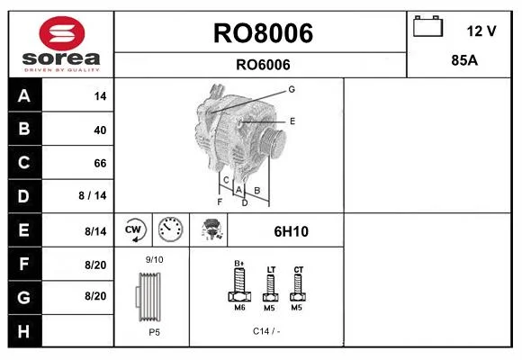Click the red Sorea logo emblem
[62, 33]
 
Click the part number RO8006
[263, 33]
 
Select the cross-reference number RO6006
[263, 65]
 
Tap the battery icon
[427, 26]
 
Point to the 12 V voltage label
[481, 31]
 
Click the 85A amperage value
[464, 60]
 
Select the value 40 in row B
[100, 130]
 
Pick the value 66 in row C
[100, 163]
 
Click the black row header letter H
[23, 331]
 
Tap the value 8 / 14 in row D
[93, 195]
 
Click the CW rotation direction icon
[133, 229]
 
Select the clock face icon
[170, 229]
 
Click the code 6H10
[291, 231]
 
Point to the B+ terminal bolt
[239, 284]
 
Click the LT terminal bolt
[271, 287]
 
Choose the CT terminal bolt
[298, 287]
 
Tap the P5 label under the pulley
[155, 332]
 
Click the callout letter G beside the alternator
[292, 89]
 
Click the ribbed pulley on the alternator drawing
[273, 142]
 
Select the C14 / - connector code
[266, 331]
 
